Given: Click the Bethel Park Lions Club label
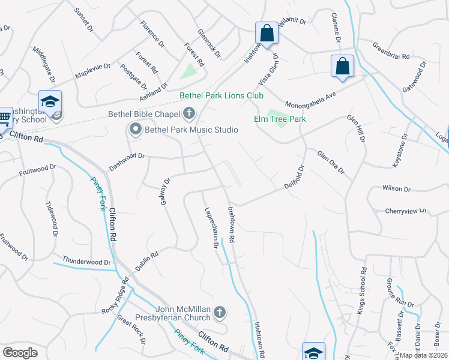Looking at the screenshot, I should (x=221, y=96).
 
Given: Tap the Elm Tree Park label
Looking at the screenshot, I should (x=280, y=119).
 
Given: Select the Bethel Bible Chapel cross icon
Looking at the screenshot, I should (x=189, y=112).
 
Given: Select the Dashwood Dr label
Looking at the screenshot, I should (x=127, y=157).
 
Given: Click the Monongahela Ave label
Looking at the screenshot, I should (x=310, y=99).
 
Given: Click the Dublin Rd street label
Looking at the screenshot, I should (x=146, y=262).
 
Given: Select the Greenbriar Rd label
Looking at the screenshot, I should (x=391, y=51).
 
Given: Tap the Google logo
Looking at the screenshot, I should (x=20, y=352).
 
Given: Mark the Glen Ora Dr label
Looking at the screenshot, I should (x=331, y=162).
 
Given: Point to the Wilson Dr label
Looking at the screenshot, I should (x=396, y=188).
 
